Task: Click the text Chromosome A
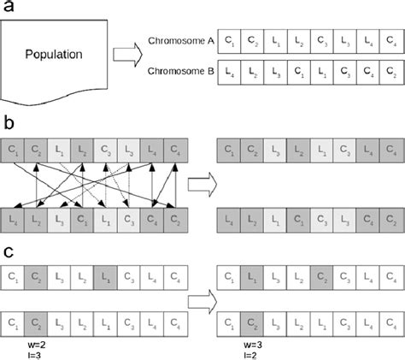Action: click(x=181, y=40)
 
